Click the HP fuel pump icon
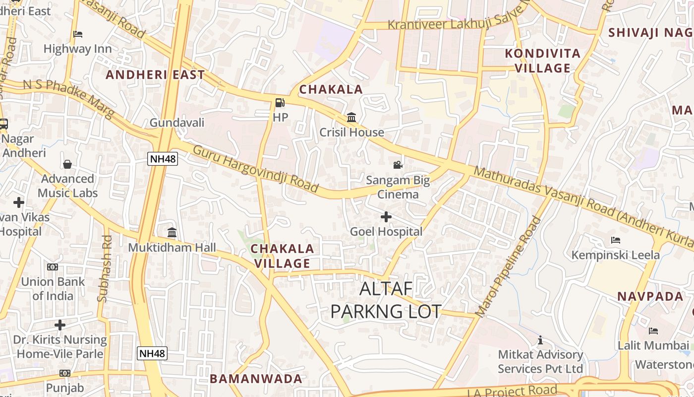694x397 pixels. point(280,103)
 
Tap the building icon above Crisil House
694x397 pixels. point(351,118)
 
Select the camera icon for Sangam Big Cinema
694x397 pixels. point(398,165)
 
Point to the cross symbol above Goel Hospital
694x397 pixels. point(386,217)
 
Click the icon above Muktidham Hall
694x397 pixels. point(172,232)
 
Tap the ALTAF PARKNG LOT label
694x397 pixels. point(386,300)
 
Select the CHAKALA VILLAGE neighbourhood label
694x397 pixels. point(283,256)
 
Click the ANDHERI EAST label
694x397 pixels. point(155,75)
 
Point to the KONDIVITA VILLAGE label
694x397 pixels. point(542,61)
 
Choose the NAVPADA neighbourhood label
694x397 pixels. point(650,297)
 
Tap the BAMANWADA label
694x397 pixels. point(256,379)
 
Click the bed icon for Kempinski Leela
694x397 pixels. point(616,240)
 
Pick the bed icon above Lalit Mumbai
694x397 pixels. point(653,331)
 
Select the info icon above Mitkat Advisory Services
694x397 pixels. point(540,340)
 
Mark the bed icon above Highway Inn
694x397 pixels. point(78,34)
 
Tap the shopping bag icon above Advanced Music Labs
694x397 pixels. point(67,164)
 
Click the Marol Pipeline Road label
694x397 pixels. point(509,266)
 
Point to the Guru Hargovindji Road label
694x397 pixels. point(255,169)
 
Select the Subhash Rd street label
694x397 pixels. point(106,268)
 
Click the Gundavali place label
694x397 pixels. point(177,123)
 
